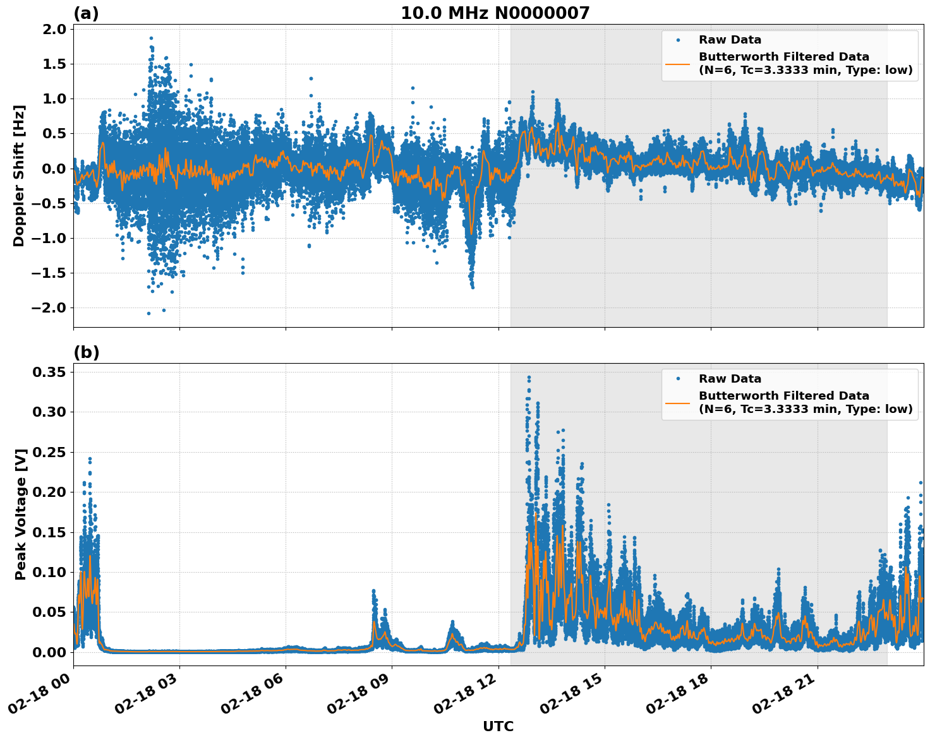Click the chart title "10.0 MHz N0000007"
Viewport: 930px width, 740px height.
tap(495, 13)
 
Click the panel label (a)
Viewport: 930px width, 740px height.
tap(86, 13)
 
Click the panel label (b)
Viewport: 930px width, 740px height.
tap(86, 352)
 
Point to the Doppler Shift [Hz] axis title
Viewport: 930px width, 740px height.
tap(19, 176)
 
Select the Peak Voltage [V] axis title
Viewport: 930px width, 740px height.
tap(21, 514)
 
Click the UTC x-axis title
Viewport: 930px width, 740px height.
tap(498, 726)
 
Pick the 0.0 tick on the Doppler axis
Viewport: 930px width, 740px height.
tap(54, 169)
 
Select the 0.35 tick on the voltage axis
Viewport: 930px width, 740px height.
tap(49, 373)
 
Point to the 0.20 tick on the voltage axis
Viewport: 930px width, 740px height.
tap(49, 492)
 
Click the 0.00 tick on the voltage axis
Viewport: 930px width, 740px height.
tap(49, 652)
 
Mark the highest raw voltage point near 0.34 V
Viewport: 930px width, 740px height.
tap(529, 377)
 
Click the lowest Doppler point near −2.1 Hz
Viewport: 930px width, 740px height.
tap(148, 313)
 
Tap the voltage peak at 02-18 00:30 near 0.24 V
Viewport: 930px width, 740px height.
tap(90, 459)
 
